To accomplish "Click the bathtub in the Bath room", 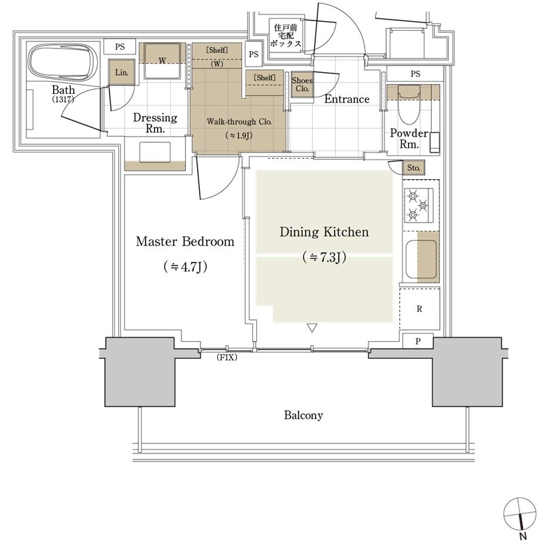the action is [61, 63].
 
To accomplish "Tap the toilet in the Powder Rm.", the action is [409, 104].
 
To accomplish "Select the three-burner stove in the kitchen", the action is [419, 206].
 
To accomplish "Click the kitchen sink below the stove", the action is [421, 259].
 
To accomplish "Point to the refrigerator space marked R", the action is [420, 308].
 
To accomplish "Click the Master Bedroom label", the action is [185, 241].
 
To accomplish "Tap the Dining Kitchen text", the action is [324, 231].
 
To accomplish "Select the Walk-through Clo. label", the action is [239, 122].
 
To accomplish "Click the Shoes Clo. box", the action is [302, 84].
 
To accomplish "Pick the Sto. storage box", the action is [413, 167].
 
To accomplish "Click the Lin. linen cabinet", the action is [122, 72].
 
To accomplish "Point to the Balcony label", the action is [303, 415].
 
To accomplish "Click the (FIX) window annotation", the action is [227, 357].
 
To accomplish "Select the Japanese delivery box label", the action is [286, 35].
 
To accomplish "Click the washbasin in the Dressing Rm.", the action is [155, 152].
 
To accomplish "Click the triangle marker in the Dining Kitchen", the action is [312, 327].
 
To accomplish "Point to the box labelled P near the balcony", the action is [418, 341].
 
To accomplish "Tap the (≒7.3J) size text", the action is [324, 257].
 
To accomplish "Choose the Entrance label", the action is [347, 99].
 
